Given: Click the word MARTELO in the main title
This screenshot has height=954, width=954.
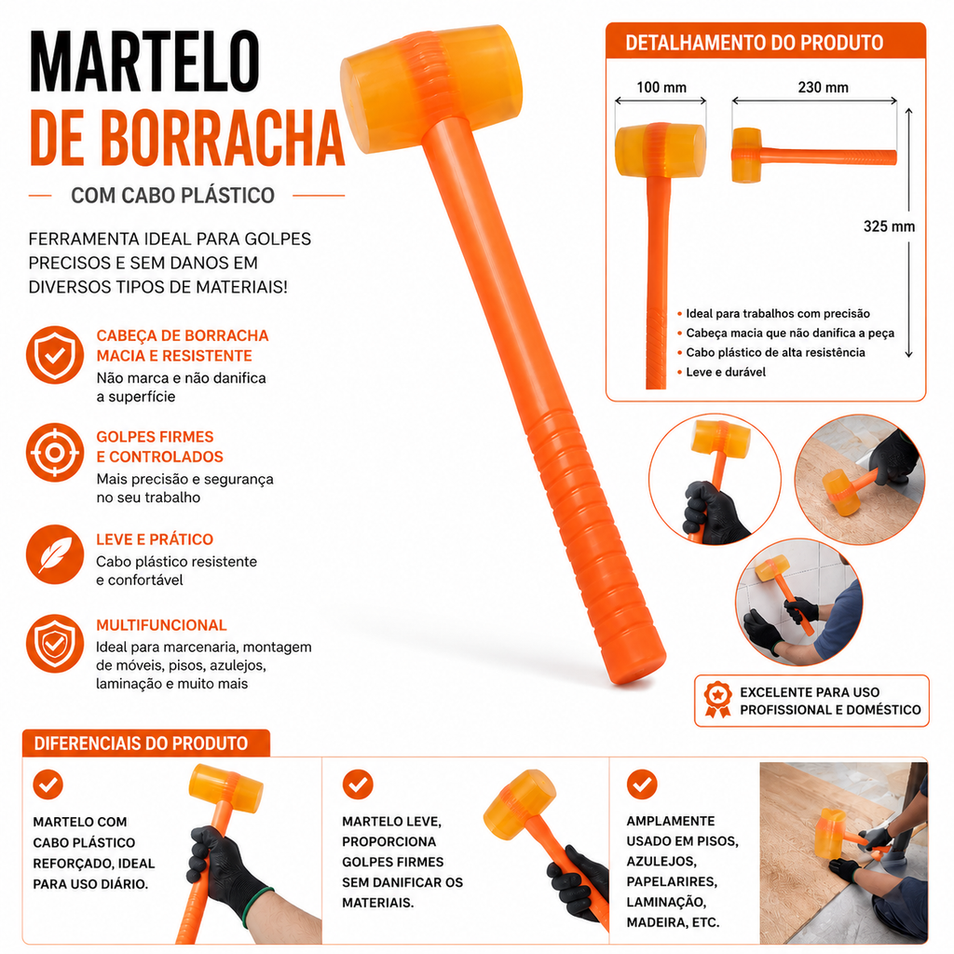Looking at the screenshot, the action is click(x=144, y=61).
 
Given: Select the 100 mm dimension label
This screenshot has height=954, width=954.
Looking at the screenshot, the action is click(x=661, y=88).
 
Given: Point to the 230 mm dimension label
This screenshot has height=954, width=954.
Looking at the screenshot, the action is click(x=823, y=88).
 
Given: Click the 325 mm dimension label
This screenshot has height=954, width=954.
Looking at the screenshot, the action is click(x=889, y=226).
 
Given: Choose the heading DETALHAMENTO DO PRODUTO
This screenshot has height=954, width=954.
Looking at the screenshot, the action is click(x=754, y=43).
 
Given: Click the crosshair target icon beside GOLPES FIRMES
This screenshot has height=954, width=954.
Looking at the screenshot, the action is click(x=55, y=453).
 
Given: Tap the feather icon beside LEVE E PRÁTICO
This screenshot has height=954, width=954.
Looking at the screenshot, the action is click(x=55, y=554).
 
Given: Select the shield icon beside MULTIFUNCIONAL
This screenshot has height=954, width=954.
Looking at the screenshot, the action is click(x=55, y=644).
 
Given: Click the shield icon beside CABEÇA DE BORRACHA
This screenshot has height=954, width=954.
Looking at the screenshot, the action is click(x=55, y=355).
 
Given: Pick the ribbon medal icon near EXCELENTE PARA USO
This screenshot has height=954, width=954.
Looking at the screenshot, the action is click(x=718, y=700).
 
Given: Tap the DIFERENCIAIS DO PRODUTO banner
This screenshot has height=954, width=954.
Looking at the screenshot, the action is click(x=146, y=743).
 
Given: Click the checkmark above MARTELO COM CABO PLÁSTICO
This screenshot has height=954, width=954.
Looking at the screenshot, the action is click(x=48, y=784).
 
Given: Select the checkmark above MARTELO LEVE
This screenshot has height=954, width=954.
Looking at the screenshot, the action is click(x=358, y=784).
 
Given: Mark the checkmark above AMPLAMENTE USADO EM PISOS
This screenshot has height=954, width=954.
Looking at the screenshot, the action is click(x=642, y=784).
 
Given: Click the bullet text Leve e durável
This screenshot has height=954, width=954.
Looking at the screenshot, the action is click(x=725, y=372).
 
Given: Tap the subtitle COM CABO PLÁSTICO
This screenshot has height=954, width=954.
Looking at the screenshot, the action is click(x=172, y=196).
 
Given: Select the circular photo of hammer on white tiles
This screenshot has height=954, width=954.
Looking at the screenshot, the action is click(x=798, y=602).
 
